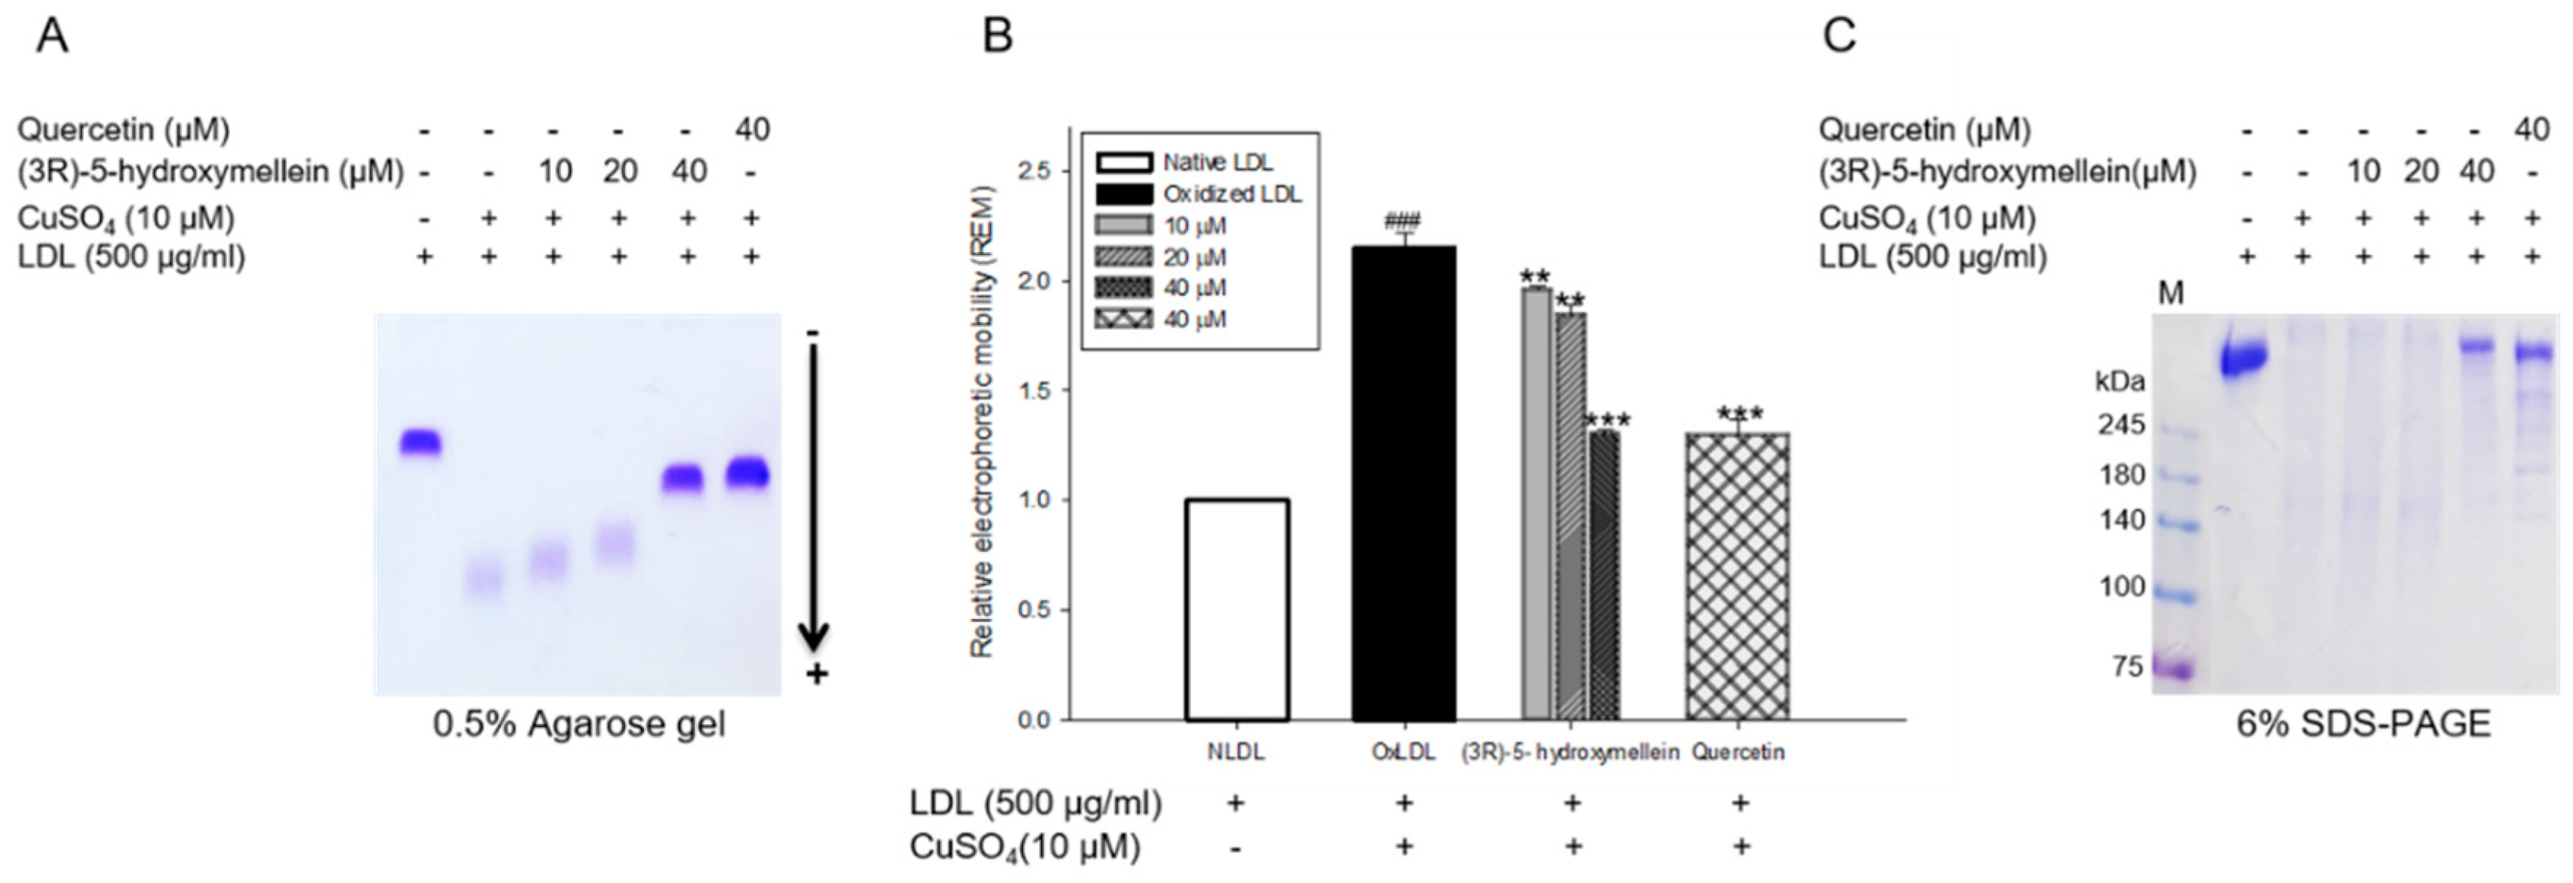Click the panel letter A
point(52,37)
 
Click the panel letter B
point(998,37)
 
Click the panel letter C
point(1840,37)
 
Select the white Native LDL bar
point(1237,610)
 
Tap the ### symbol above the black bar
point(1403,222)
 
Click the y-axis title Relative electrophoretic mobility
point(983,419)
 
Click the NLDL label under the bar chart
point(1237,752)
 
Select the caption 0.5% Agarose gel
point(579,724)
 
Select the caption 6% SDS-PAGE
point(2363,724)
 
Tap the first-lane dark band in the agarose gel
point(421,442)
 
